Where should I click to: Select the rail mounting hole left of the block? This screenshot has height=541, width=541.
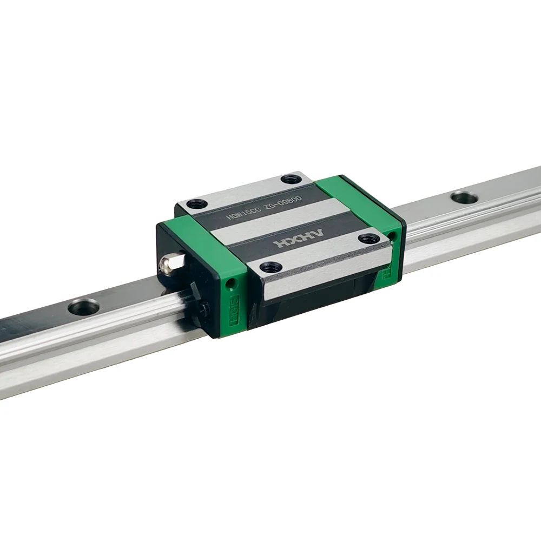(83, 307)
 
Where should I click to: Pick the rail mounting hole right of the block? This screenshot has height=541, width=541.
(464, 197)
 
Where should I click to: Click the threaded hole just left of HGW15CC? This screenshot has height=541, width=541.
(196, 204)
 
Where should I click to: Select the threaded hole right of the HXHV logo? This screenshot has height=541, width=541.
(369, 238)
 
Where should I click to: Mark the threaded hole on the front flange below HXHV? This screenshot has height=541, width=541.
(270, 267)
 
